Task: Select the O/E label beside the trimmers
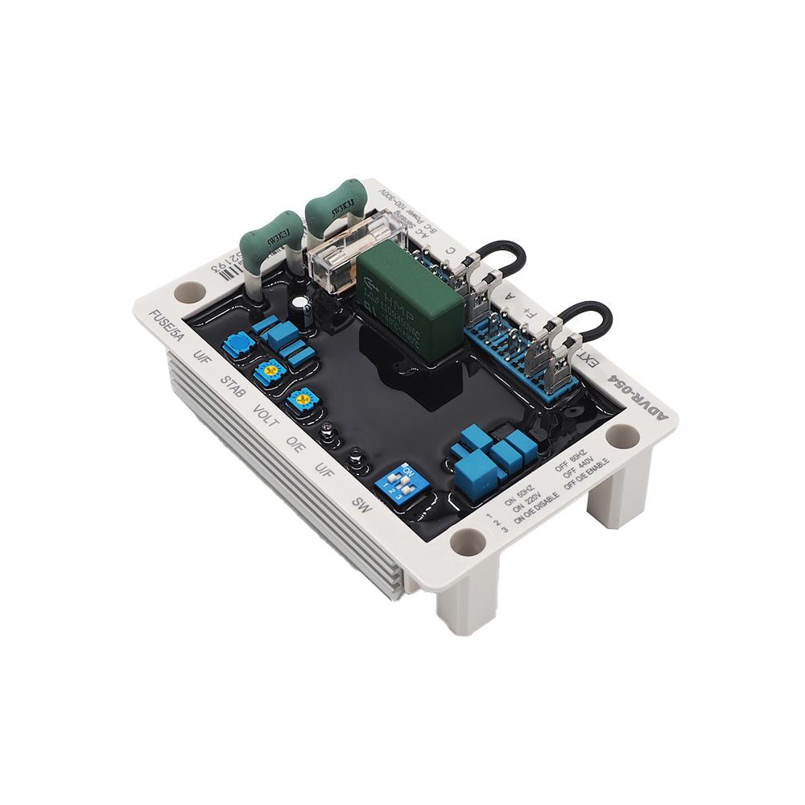(296, 442)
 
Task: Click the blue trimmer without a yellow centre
(238, 347)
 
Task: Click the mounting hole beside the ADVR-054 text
(624, 438)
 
